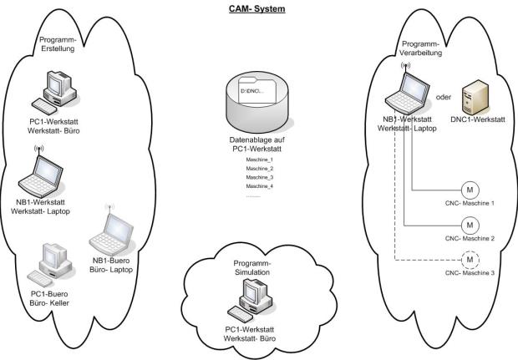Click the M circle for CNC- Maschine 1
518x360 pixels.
pos(470,191)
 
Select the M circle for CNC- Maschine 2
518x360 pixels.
pos(470,225)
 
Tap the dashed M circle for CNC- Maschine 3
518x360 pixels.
pos(470,259)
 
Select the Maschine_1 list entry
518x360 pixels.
pos(260,159)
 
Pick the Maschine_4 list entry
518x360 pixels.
pos(260,187)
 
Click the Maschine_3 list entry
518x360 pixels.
pos(260,178)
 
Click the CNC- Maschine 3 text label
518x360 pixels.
pos(470,273)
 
